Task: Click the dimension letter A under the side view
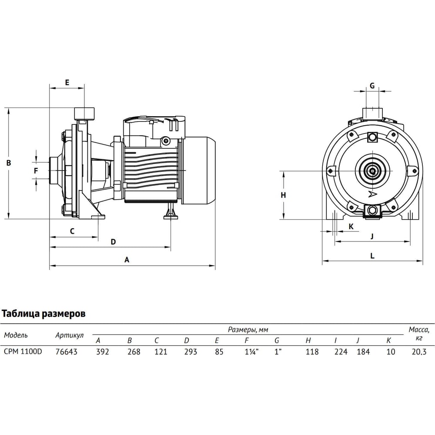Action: tap(127, 260)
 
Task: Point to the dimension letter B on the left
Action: tap(9, 163)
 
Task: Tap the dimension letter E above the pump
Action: tap(67, 82)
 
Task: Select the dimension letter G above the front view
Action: tap(372, 86)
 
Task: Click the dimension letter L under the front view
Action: tap(372, 256)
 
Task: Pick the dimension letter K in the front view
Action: tap(351, 227)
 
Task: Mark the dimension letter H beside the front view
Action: tap(283, 195)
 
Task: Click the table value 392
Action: tap(103, 352)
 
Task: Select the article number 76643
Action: tap(67, 352)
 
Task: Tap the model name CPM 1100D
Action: tap(23, 351)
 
